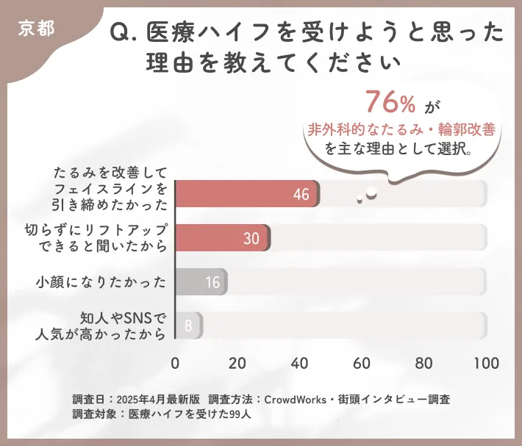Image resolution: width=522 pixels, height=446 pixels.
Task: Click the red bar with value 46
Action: (248, 194)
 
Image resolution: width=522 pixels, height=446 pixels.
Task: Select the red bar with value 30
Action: (223, 238)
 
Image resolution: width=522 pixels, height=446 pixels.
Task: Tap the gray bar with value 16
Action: (201, 282)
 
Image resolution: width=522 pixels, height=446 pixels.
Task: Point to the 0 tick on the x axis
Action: (175, 363)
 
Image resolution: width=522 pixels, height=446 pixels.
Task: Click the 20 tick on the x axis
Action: (237, 363)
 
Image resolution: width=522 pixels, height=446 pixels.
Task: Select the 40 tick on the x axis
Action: (299, 363)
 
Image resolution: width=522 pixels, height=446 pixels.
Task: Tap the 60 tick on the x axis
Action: (361, 363)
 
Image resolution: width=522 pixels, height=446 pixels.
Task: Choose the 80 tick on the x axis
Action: (423, 363)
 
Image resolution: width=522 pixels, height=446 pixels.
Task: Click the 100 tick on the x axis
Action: (485, 363)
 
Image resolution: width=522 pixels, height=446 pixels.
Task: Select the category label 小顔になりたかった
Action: (101, 282)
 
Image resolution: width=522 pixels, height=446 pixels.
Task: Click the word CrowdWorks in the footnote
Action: (296, 399)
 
